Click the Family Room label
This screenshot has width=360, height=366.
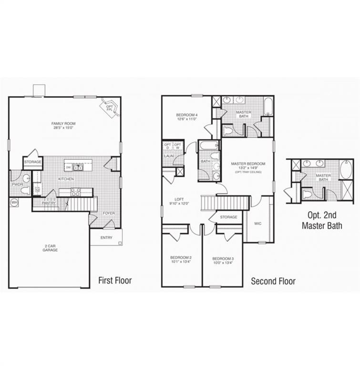point(63,123)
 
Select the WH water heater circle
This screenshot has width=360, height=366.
point(14,202)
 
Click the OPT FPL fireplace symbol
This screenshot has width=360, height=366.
point(110,107)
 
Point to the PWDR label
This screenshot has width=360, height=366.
point(18,184)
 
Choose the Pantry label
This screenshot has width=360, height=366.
point(49,203)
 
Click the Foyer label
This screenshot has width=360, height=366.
point(109,213)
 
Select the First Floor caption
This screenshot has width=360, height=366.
point(115,280)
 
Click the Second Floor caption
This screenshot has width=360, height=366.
point(273,281)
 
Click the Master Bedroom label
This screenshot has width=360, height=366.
point(248,164)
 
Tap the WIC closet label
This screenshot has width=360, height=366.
point(258,223)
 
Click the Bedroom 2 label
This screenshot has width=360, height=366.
point(181,257)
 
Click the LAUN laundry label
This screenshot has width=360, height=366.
point(168,156)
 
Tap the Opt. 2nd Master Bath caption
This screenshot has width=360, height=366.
point(321,220)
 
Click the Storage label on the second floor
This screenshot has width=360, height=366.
point(229,217)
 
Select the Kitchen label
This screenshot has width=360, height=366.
point(66,179)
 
